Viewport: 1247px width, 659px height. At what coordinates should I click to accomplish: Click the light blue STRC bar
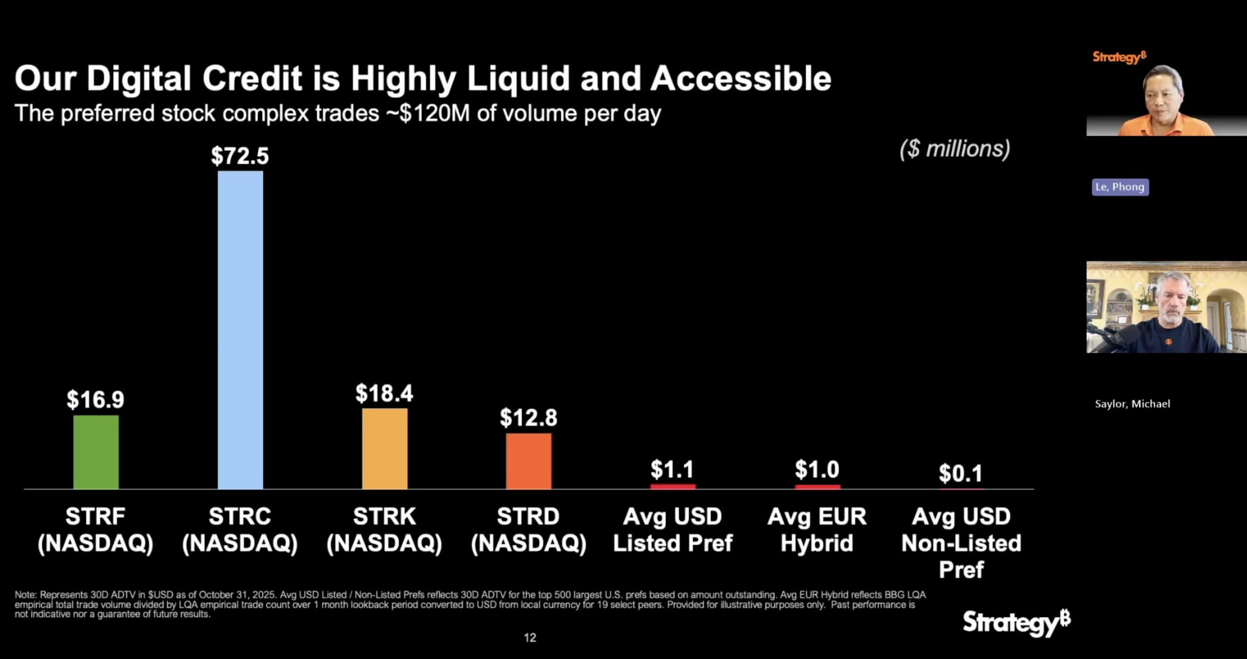pyautogui.click(x=240, y=329)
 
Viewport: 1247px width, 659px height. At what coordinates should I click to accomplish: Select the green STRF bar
pyautogui.click(x=96, y=452)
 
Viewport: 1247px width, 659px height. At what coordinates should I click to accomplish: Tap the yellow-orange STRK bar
pyautogui.click(x=384, y=448)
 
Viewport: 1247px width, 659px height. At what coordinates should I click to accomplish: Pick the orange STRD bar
pyautogui.click(x=529, y=461)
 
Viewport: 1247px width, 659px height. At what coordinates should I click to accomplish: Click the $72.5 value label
pyautogui.click(x=240, y=156)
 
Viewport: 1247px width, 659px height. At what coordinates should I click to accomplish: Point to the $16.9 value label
pyautogui.click(x=95, y=400)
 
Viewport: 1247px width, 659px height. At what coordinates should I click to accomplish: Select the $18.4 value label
pyautogui.click(x=384, y=393)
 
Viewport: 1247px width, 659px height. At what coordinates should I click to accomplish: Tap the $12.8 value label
pyautogui.click(x=529, y=418)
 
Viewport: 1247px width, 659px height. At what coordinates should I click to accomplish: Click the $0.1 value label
pyautogui.click(x=961, y=473)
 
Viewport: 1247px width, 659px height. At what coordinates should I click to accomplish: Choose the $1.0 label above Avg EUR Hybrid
pyautogui.click(x=817, y=469)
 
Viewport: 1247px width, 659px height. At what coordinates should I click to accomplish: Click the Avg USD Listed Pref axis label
pyautogui.click(x=673, y=530)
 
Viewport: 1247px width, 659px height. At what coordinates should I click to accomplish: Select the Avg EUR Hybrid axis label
pyautogui.click(x=817, y=530)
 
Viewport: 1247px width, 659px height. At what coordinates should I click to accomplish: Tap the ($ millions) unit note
pyautogui.click(x=955, y=149)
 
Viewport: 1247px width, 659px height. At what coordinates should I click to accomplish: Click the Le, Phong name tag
pyautogui.click(x=1120, y=187)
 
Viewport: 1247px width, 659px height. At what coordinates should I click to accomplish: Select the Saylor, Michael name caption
pyautogui.click(x=1132, y=404)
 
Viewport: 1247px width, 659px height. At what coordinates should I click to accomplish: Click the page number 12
pyautogui.click(x=529, y=638)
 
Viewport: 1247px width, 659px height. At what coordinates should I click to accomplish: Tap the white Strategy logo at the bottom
pyautogui.click(x=1016, y=622)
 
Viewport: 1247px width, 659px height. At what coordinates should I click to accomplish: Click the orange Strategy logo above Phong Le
pyautogui.click(x=1119, y=58)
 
